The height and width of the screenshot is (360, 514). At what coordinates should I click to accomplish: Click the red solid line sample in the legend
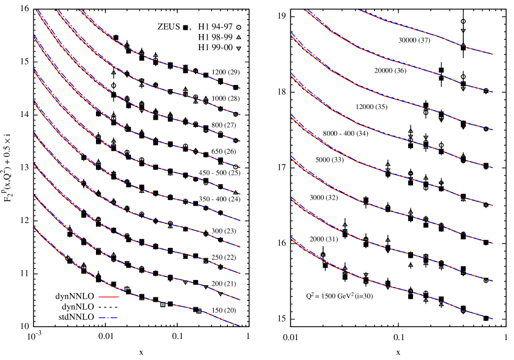pos(108,297)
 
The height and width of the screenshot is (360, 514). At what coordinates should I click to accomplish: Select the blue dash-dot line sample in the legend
pos(108,318)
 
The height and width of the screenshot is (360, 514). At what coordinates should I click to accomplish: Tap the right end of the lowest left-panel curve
pos(240,326)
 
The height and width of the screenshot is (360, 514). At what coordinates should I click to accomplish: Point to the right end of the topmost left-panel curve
pos(240,88)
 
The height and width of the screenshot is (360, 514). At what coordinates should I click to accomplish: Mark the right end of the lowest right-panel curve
pos(492,319)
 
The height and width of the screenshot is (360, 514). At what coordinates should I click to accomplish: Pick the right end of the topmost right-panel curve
pos(492,55)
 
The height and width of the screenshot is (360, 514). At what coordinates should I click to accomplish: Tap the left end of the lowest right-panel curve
pos(291,239)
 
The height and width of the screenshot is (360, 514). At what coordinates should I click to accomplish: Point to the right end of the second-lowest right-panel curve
pos(492,281)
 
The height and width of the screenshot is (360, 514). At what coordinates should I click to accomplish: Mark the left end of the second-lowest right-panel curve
pos(291,198)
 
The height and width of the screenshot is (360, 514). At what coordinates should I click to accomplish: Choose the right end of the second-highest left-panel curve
pos(240,115)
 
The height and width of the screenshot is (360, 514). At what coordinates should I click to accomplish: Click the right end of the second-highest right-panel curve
pos(492,92)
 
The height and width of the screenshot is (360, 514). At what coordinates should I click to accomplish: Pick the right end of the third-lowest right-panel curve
pos(492,244)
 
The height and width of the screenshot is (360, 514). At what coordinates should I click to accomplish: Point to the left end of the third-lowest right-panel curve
pos(291,157)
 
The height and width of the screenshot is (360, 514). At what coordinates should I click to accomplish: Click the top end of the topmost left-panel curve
pos(81,10)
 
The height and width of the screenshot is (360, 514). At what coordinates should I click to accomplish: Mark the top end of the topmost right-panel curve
pos(358,10)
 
